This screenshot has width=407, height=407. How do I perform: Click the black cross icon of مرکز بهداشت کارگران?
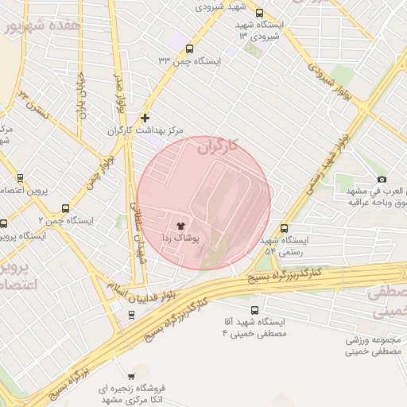click(x=145, y=118)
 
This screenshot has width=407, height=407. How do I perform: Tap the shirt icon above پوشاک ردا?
click(x=180, y=227)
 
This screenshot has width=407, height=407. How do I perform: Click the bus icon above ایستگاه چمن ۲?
click(x=65, y=207)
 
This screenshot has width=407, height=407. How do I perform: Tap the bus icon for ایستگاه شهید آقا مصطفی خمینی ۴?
click(x=254, y=310)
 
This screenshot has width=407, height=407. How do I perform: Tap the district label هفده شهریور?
click(x=43, y=25)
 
